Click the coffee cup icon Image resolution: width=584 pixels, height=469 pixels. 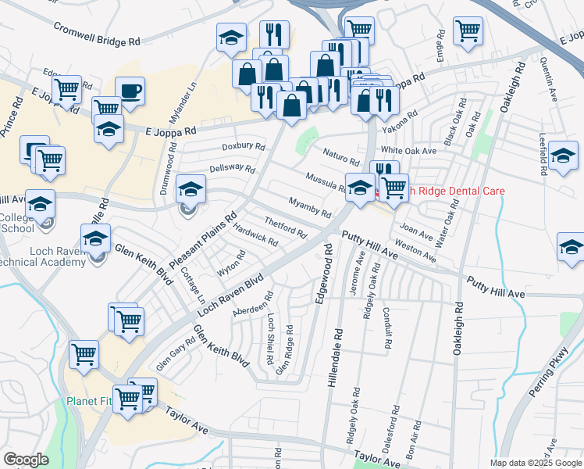pyautogui.click(x=130, y=91)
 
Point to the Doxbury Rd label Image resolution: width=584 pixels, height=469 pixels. pyautogui.click(x=244, y=146)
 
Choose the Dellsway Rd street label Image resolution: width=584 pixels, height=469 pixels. pyautogui.click(x=232, y=169)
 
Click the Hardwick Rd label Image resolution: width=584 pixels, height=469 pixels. pyautogui.click(x=255, y=236)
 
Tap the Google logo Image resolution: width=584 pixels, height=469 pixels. pyautogui.click(x=26, y=460)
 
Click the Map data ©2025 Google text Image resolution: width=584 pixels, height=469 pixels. pyautogui.click(x=536, y=463)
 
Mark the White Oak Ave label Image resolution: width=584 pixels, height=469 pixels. pyautogui.click(x=407, y=150)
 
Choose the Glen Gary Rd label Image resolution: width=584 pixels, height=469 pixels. pyautogui.click(x=175, y=354)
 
